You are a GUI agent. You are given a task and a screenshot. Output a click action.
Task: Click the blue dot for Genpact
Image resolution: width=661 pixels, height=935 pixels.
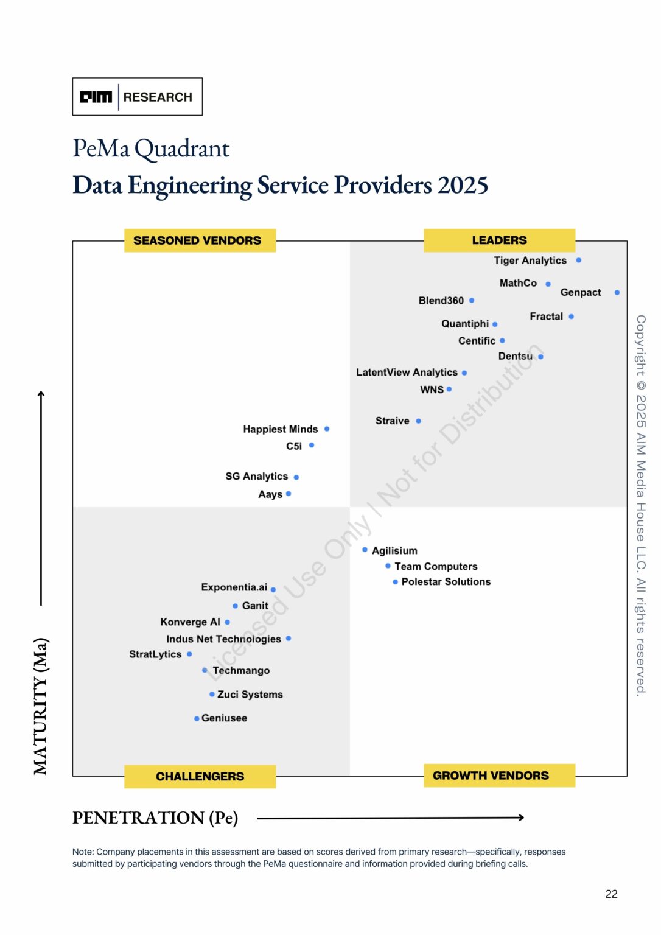click(617, 293)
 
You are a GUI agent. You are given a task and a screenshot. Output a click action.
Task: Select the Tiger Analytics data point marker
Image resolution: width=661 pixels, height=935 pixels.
click(578, 261)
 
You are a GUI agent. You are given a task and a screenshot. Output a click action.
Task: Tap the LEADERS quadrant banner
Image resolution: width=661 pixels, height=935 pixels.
click(499, 240)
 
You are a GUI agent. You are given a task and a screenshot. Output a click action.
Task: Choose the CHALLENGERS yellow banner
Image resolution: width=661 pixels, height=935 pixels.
click(200, 777)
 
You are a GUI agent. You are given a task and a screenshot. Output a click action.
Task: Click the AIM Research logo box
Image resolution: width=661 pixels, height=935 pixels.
click(137, 97)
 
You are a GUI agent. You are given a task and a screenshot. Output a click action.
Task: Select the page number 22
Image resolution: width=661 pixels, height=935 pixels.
click(611, 894)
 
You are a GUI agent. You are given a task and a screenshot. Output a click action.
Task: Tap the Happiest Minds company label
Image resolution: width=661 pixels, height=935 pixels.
click(280, 429)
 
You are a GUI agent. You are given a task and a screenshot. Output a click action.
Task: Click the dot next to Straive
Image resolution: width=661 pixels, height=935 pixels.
click(418, 421)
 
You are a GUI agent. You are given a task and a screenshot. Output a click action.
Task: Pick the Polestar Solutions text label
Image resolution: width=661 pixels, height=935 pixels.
click(446, 582)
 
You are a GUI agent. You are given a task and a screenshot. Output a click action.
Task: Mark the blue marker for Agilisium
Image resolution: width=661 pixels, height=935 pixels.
click(365, 550)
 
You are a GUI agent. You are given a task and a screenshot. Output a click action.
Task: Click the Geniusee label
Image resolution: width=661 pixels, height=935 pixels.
click(224, 718)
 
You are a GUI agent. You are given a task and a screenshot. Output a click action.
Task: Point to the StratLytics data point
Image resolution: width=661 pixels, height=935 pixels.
click(189, 654)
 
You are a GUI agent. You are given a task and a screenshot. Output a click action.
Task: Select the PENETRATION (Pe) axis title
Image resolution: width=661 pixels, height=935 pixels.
click(155, 818)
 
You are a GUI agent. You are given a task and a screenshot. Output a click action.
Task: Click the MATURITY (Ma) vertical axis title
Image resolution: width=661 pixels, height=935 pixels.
click(41, 706)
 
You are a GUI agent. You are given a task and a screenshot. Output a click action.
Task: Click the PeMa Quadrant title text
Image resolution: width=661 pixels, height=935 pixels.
click(151, 149)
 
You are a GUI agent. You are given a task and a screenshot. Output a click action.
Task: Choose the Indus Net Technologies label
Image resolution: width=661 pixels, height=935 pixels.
click(223, 639)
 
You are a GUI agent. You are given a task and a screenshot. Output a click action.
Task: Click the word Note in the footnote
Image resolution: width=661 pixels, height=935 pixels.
click(83, 852)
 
